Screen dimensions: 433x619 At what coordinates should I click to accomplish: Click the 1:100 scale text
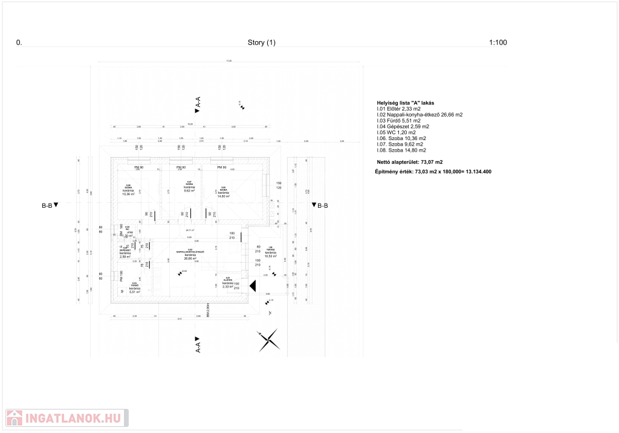click(497, 43)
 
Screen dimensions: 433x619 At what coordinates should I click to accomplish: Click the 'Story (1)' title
click(261, 43)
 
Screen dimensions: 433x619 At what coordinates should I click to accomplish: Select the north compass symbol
click(268, 341)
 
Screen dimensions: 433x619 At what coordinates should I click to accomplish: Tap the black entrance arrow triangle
click(253, 286)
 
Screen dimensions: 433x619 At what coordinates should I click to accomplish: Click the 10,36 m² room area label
click(128, 194)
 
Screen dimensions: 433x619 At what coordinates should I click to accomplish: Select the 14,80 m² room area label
click(223, 196)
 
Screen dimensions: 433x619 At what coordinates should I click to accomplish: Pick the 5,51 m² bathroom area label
click(134, 292)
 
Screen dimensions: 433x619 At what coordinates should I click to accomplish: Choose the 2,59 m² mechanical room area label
click(125, 257)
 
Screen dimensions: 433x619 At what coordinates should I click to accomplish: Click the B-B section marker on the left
click(50, 205)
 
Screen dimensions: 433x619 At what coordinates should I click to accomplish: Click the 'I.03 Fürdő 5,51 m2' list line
click(398, 120)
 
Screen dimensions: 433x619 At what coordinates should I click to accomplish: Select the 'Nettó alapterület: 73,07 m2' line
click(409, 162)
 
